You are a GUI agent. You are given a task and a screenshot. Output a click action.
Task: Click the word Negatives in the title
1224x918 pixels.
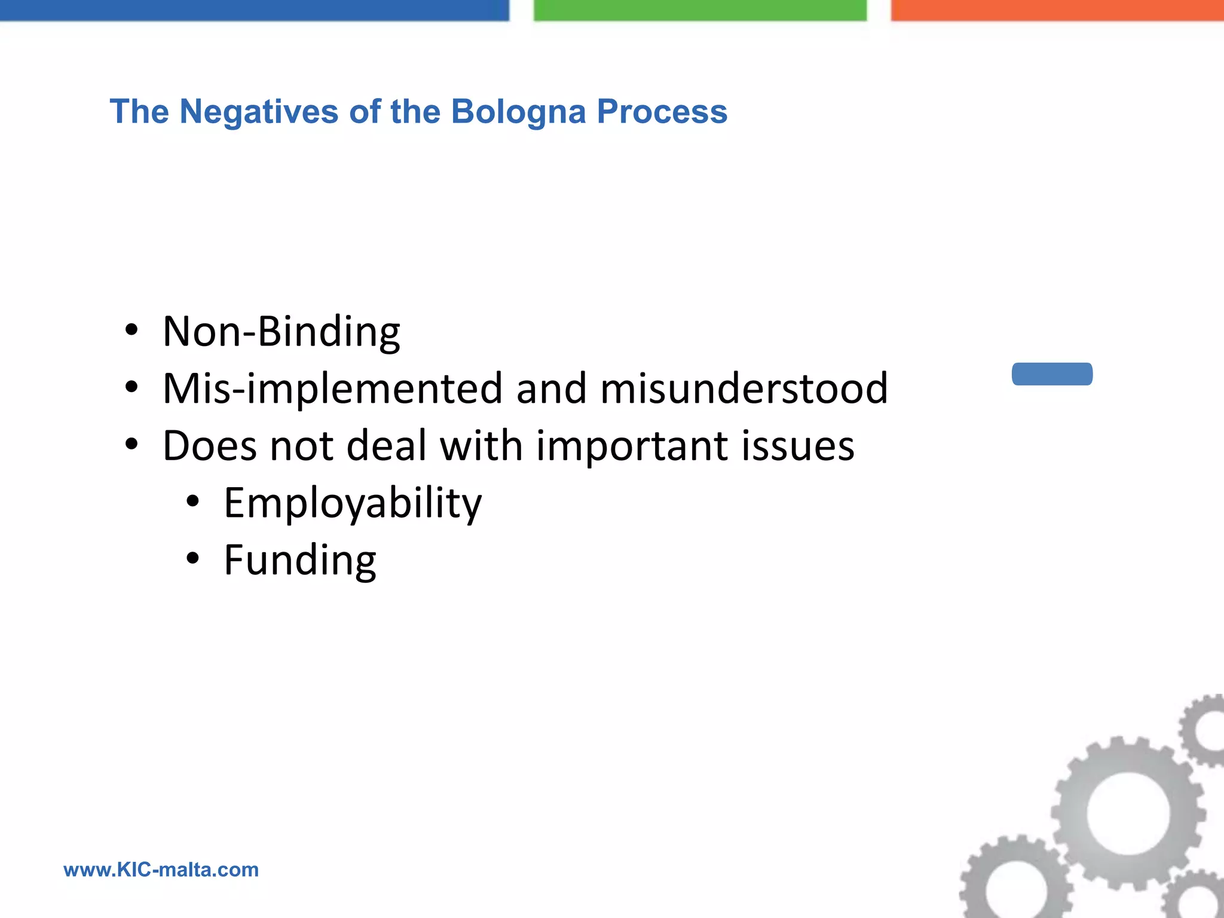(x=259, y=112)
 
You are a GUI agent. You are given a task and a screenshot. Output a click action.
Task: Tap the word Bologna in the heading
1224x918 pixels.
(x=518, y=112)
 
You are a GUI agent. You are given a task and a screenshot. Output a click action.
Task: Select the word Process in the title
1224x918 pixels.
(x=662, y=112)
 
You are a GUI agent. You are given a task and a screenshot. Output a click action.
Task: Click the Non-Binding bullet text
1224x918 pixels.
(x=281, y=332)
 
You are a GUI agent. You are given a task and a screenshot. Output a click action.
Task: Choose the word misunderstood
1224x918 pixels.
(x=744, y=388)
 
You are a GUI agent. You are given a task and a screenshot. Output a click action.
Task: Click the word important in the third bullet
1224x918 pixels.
(x=632, y=446)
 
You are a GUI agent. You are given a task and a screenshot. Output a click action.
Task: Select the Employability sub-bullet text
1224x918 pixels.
(x=353, y=503)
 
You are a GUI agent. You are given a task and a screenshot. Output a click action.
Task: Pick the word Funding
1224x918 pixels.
(x=300, y=561)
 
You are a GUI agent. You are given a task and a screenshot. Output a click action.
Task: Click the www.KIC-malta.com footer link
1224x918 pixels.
(x=161, y=870)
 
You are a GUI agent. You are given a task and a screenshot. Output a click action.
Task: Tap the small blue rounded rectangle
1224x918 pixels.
(x=1052, y=374)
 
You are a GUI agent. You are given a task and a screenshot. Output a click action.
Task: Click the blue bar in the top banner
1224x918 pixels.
(x=254, y=10)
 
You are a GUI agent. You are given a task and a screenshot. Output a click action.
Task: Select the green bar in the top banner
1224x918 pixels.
(x=700, y=10)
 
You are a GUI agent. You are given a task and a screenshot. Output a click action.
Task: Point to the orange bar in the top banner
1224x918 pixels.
(x=1057, y=10)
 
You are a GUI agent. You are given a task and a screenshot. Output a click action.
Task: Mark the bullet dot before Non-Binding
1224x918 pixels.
(x=131, y=330)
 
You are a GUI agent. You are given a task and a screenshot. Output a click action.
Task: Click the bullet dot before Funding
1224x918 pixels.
(x=192, y=559)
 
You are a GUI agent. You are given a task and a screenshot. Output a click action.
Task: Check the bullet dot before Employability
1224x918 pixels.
(x=192, y=502)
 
